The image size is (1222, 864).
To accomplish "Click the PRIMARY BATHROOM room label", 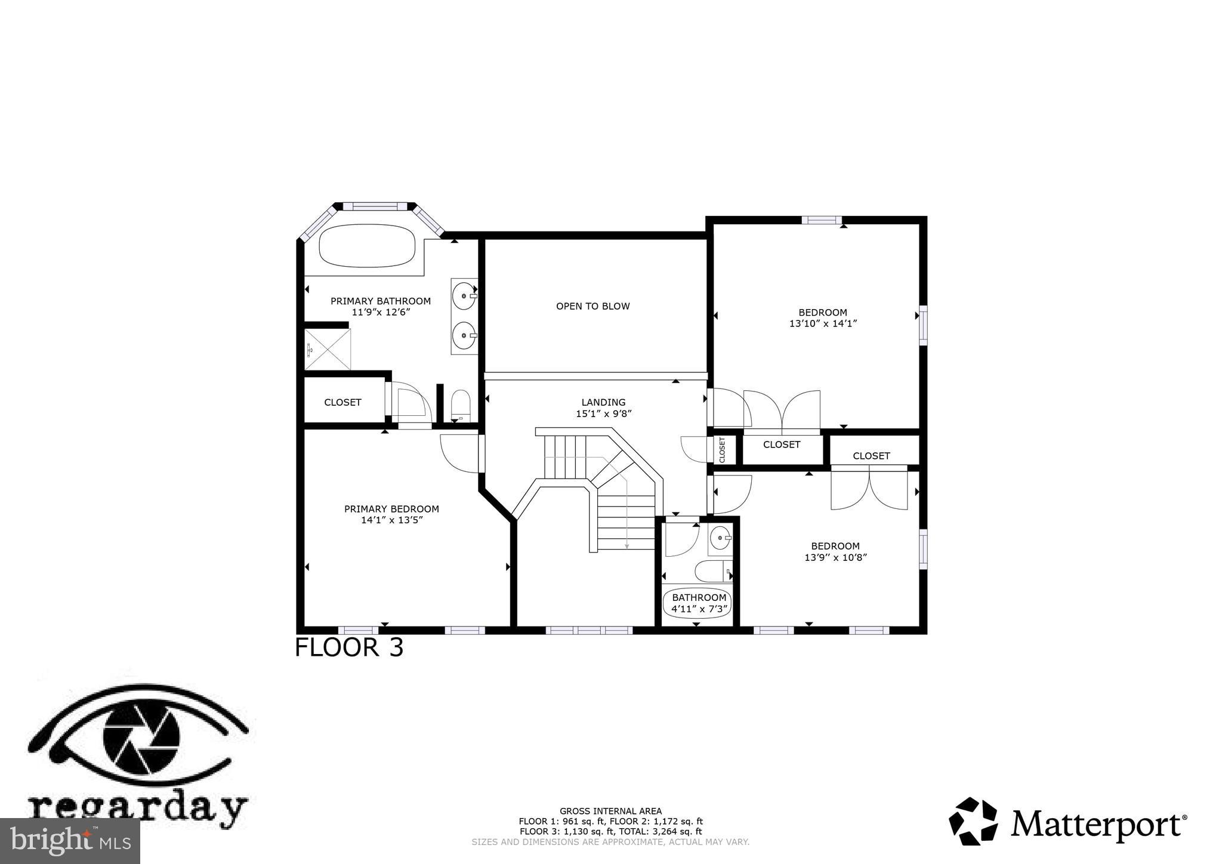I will [380, 301].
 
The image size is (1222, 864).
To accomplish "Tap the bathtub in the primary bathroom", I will [367, 245].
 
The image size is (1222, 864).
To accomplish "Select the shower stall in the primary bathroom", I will [328, 349].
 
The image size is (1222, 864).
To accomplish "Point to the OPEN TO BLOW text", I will [593, 306].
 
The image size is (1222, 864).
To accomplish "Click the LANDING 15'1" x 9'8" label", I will [603, 408].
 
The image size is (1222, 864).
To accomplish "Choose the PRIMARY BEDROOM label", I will [391, 509].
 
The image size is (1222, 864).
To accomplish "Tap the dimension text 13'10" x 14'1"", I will [823, 323].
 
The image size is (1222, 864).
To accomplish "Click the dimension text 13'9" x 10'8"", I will [835, 557].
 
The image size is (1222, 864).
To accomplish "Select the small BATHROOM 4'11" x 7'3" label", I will [699, 603].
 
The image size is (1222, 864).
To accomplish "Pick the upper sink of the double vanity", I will [464, 294].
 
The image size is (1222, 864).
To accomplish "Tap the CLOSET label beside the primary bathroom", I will [342, 402].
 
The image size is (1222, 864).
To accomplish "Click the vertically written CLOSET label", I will [722, 450].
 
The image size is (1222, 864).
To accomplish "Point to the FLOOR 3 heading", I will [349, 647].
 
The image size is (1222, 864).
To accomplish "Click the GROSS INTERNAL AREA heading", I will [610, 811].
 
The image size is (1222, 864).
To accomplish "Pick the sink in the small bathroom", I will [720, 538].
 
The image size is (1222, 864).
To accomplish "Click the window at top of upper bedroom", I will [821, 220].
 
